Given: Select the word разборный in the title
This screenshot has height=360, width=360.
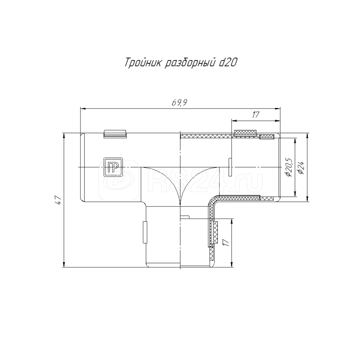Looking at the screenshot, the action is click(191, 63).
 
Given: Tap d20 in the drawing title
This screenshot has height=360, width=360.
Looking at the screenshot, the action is click(228, 63).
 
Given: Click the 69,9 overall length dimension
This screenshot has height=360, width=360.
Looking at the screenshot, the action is click(180, 103).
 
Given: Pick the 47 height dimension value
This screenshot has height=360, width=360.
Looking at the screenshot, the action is click(58, 200).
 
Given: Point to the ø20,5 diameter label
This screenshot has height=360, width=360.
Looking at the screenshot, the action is click(288, 167).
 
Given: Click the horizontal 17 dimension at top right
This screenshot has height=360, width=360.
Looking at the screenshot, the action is click(256, 115).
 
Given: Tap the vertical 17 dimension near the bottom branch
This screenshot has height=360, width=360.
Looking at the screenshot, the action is click(226, 243).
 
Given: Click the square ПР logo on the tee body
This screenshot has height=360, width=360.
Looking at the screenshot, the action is click(113, 167).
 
